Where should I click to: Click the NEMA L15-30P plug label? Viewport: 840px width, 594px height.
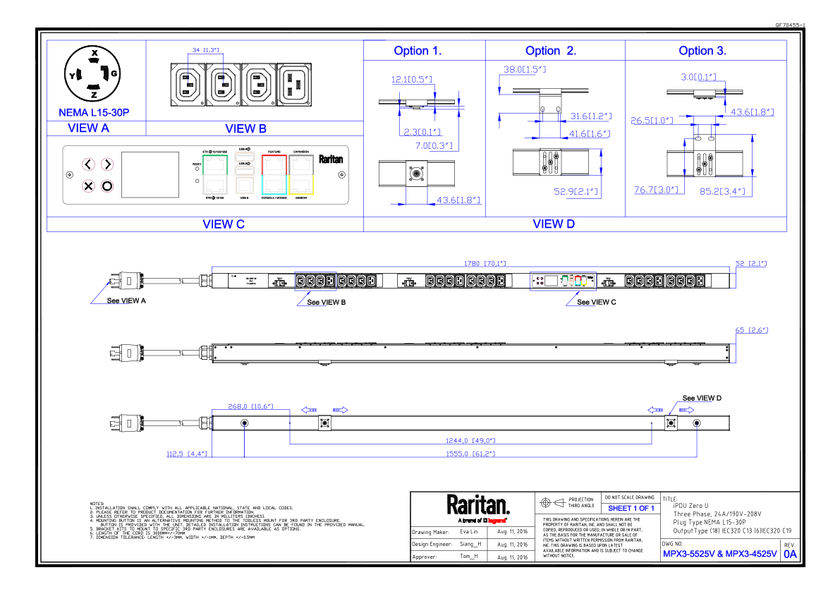pyautogui.click(x=94, y=113)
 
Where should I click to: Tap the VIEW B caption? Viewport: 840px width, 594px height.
pyautogui.click(x=245, y=129)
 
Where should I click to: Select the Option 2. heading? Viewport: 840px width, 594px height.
pyautogui.click(x=551, y=51)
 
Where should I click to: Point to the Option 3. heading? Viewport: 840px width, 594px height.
pyautogui.click(x=702, y=51)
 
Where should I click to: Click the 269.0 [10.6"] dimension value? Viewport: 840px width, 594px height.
pyautogui.click(x=250, y=406)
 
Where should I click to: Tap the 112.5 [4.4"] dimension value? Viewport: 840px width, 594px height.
pyautogui.click(x=186, y=454)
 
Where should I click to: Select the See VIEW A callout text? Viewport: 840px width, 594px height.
pyautogui.click(x=126, y=301)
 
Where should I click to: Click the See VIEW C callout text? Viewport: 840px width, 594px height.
pyautogui.click(x=597, y=302)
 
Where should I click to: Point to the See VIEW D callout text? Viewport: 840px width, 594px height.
pyautogui.click(x=702, y=399)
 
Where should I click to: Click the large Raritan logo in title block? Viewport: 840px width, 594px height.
pyautogui.click(x=477, y=506)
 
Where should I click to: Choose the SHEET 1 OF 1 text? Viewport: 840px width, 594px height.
pyautogui.click(x=631, y=508)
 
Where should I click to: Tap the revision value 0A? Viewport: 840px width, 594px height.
pyautogui.click(x=790, y=554)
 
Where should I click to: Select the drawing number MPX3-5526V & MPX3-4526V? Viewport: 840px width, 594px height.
pyautogui.click(x=719, y=554)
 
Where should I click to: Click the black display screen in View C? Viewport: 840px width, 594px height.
pyautogui.click(x=150, y=174)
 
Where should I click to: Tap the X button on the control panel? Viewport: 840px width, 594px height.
pyautogui.click(x=88, y=186)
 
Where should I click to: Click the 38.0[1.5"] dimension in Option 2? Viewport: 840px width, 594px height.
pyautogui.click(x=525, y=70)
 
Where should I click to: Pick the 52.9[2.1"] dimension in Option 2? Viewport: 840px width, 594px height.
pyautogui.click(x=576, y=191)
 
